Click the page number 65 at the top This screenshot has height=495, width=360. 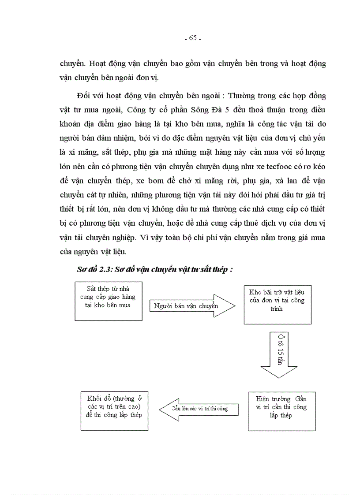pyautogui.click(x=192, y=38)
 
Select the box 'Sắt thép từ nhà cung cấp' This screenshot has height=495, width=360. pyautogui.click(x=108, y=301)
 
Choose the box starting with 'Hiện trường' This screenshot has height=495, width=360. pyautogui.click(x=281, y=410)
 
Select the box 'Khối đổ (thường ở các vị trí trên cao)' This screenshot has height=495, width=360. pyautogui.click(x=114, y=410)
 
